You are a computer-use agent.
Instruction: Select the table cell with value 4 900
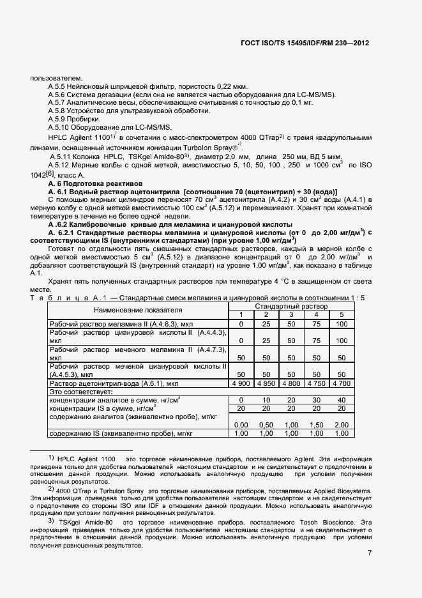(241, 383)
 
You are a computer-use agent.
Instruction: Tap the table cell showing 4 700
(341, 383)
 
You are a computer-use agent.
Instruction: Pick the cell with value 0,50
(266, 425)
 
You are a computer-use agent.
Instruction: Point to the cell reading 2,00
(341, 425)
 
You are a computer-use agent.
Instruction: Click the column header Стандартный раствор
(291, 307)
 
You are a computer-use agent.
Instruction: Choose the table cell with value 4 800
(291, 383)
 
